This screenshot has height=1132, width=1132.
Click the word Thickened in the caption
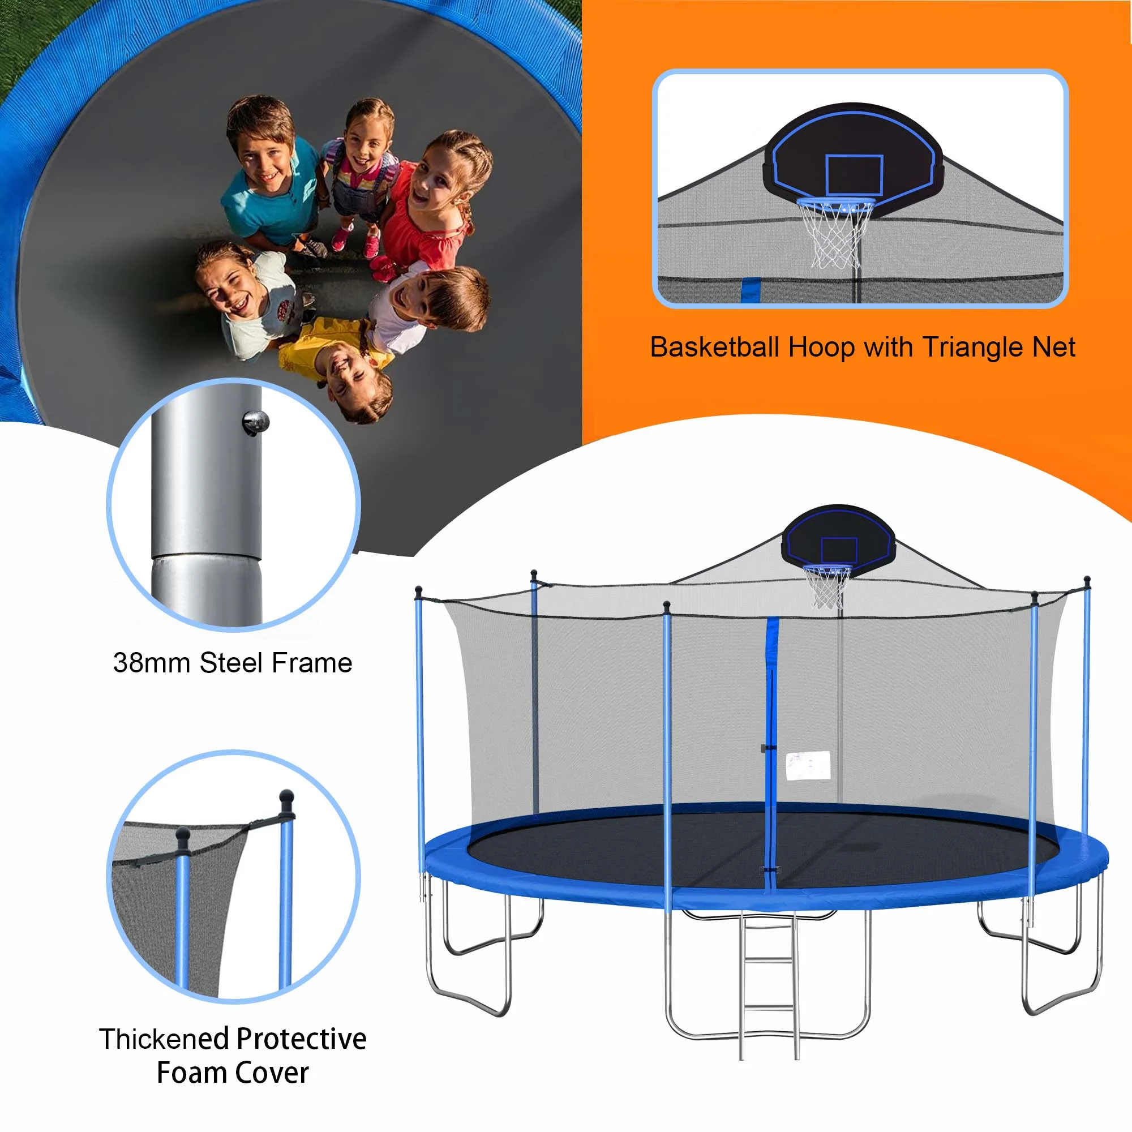pos(164,1039)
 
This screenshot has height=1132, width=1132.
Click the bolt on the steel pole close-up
pos(256,422)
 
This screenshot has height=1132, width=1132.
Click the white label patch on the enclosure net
pos(808,765)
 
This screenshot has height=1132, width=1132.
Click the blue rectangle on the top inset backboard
pos(854,174)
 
